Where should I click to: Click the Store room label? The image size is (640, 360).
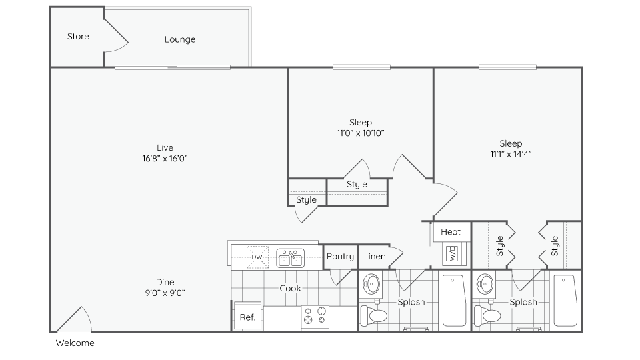(78, 36)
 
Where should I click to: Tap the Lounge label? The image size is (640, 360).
(180, 39)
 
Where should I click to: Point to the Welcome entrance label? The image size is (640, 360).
(75, 343)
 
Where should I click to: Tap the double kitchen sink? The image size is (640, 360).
(290, 257)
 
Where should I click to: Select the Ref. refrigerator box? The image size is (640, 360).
(247, 317)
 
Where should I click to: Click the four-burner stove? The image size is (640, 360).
(315, 317)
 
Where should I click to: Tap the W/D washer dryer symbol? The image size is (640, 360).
(451, 254)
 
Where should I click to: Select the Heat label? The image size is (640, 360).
(451, 232)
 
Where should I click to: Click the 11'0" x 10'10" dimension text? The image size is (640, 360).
(361, 133)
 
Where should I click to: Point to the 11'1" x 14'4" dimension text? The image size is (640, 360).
(511, 154)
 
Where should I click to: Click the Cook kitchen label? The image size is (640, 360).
(290, 288)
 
